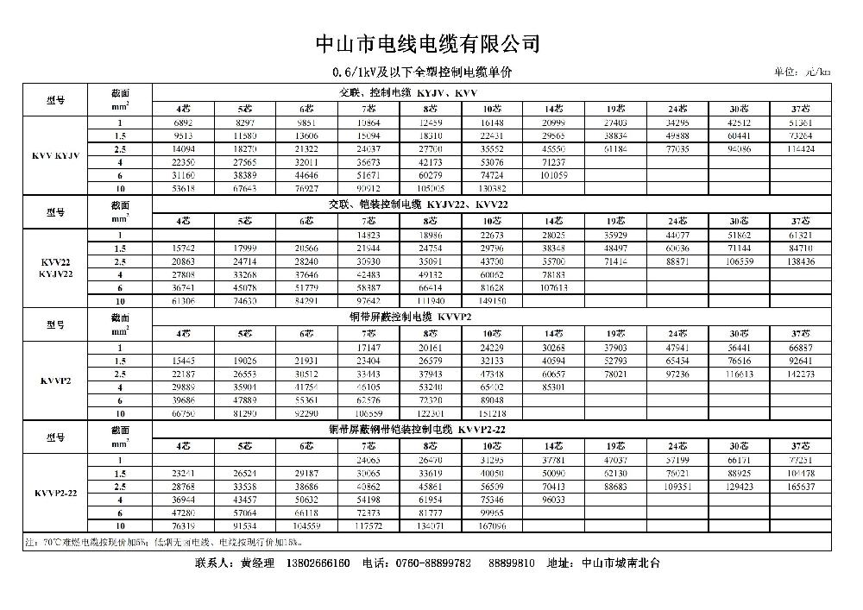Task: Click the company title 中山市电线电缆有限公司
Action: (428, 43)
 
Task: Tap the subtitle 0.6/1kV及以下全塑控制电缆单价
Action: (428, 72)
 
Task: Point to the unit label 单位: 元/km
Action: (803, 73)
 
